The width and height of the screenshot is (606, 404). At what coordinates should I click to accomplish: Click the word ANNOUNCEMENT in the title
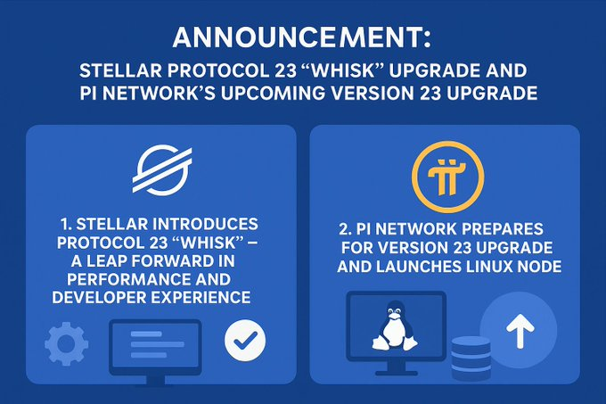(x=298, y=37)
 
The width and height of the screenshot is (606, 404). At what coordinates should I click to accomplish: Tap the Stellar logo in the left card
(x=162, y=169)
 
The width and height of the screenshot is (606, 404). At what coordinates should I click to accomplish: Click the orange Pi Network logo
(x=447, y=177)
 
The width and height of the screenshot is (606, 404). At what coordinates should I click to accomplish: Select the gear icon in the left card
(x=67, y=343)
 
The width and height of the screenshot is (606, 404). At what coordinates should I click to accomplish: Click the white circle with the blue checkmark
(x=245, y=341)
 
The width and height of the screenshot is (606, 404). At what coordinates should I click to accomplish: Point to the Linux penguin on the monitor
(x=395, y=326)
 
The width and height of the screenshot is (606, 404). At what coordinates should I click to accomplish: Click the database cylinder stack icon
(x=471, y=358)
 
